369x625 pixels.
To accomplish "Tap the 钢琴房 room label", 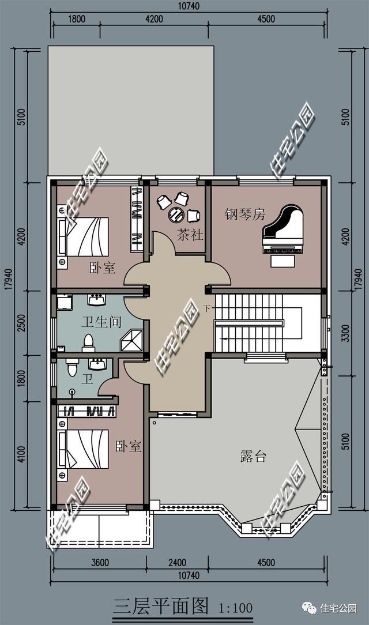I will [x=244, y=214].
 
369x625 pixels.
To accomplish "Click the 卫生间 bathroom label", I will [x=100, y=322].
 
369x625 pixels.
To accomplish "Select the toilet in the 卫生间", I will [x=88, y=343].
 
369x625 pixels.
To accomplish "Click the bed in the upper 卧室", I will [x=83, y=236].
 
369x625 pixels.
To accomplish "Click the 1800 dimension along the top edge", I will [x=76, y=18].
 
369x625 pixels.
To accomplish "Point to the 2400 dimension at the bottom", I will [x=177, y=563].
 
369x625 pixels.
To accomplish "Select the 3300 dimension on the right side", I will [x=345, y=333].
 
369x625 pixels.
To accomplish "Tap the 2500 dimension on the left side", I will [x=21, y=324].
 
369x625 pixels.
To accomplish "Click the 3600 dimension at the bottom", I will [x=99, y=563].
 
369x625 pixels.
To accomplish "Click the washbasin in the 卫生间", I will [x=96, y=300].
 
